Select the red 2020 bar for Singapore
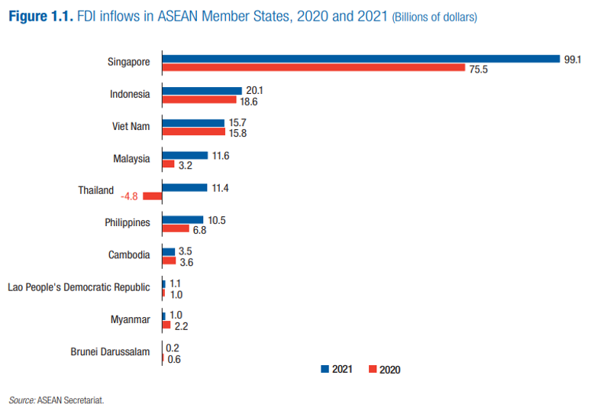[x=314, y=67]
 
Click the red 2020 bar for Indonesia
[x=199, y=99]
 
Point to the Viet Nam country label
[x=131, y=127]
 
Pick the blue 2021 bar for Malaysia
[x=185, y=155]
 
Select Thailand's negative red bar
[x=153, y=196]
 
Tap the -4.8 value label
[x=129, y=196]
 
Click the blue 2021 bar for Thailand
[x=185, y=187]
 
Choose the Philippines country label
[x=128, y=223]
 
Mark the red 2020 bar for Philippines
[x=176, y=228]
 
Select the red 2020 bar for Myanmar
[x=166, y=325]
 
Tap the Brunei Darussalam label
[x=110, y=351]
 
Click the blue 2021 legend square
[x=325, y=369]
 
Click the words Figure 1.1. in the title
[x=41, y=15]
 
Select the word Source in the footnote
[x=21, y=399]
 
